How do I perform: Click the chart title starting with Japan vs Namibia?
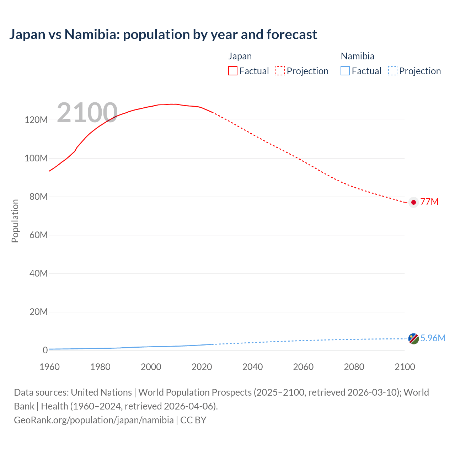pos(163,34)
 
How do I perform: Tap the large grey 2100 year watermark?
pos(87,113)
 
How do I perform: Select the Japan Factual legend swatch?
pos(233,71)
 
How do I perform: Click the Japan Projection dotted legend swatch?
pos(280,71)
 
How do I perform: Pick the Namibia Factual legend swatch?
pos(345,71)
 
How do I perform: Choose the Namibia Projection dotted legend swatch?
pos(392,71)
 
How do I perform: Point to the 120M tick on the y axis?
pos(36,120)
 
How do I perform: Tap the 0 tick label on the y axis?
pos(45,350)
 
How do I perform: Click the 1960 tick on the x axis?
pos(49,367)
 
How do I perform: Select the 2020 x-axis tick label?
pos(202,367)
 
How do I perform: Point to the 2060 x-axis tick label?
pos(303,367)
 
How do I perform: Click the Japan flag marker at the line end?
pos(413,202)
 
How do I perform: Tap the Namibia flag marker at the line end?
pos(413,339)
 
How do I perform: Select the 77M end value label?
pos(429,202)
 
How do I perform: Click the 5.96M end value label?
pos(433,338)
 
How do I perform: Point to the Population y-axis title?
pos(15,221)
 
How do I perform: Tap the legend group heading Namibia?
pos(357,56)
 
